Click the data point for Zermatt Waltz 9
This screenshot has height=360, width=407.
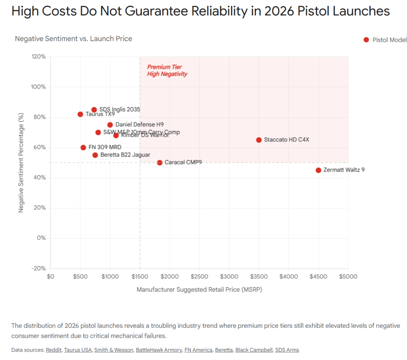[318, 170]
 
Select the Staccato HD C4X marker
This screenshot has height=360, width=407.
[259, 140]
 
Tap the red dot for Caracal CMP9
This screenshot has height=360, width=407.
[160, 163]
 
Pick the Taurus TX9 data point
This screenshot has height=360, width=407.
[80, 114]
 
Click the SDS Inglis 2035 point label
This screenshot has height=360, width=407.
[119, 109]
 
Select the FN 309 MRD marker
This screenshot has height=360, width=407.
[83, 147]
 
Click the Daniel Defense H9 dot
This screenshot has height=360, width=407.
[110, 125]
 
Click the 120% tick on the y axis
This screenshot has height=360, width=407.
[39, 57]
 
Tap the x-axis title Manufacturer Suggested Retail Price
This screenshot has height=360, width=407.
[199, 289]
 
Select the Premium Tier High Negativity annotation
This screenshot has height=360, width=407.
[167, 70]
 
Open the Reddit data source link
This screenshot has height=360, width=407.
[53, 350]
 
